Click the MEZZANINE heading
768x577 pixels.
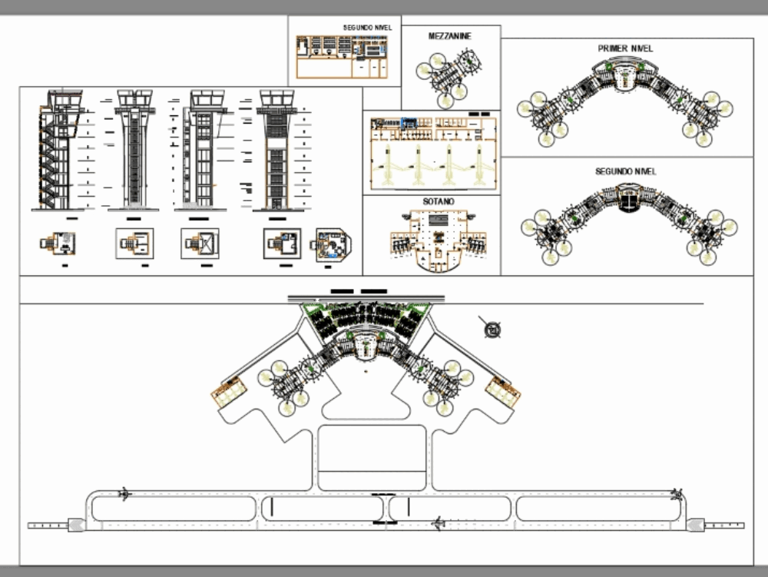pos(450,36)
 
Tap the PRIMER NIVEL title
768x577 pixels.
pos(625,48)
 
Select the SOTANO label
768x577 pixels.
pos(438,202)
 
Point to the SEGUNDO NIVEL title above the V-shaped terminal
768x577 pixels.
pos(625,171)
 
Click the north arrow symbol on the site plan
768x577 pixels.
pos(492,330)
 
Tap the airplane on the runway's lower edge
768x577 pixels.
pos(439,524)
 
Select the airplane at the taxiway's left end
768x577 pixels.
pos(124,492)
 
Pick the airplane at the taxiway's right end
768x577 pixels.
pos(676,492)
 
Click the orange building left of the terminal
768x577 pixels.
pos(229,393)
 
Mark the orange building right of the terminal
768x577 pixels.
pos(503,393)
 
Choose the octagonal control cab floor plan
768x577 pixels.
pos(331,245)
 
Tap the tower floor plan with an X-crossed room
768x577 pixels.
pos(200,244)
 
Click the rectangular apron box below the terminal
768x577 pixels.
pos(371,457)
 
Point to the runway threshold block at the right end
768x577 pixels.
pos(695,525)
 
